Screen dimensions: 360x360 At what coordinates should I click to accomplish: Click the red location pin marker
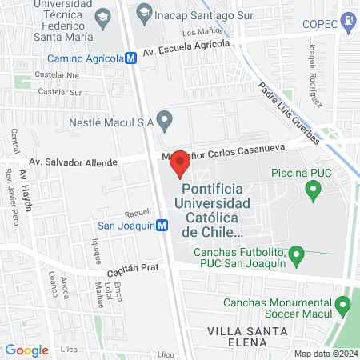pyautogui.click(x=181, y=162)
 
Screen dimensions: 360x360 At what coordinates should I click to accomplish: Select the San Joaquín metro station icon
pyautogui.click(x=162, y=226)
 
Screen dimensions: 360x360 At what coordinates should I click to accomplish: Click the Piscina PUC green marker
pyautogui.click(x=313, y=191)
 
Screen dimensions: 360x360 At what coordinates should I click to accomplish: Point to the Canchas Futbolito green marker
pyautogui.click(x=297, y=256)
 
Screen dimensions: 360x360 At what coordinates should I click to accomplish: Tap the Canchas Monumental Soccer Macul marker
pyautogui.click(x=344, y=305)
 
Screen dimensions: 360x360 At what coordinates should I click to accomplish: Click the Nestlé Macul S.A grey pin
pyautogui.click(x=165, y=122)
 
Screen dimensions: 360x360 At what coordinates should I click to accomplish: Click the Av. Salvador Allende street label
pyautogui.click(x=73, y=162)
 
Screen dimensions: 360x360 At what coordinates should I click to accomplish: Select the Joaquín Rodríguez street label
pyautogui.click(x=314, y=75)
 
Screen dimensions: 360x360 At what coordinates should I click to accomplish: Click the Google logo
pyautogui.click(x=26, y=350)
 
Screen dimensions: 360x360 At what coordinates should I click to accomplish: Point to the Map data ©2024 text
pyautogui.click(x=325, y=354)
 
